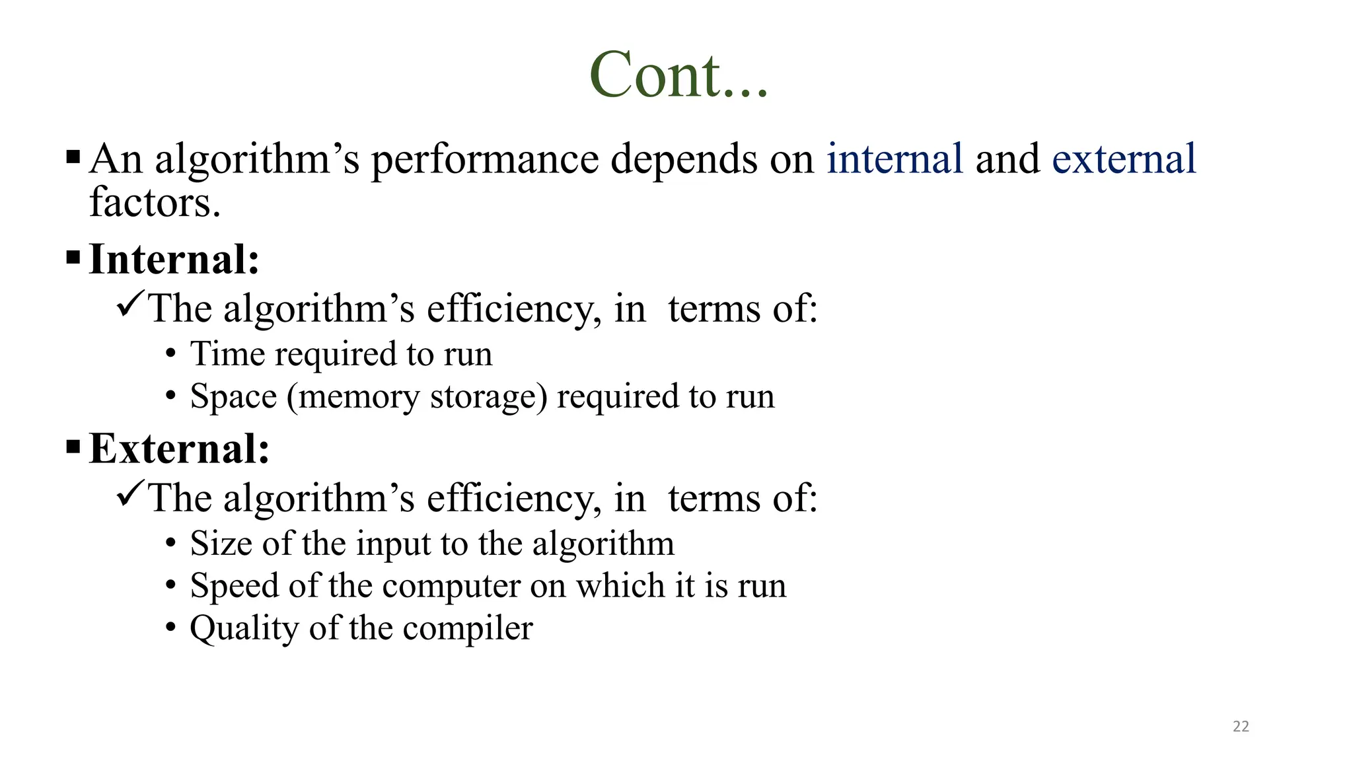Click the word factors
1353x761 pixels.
pyautogui.click(x=155, y=202)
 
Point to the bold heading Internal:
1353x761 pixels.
pyautogui.click(x=174, y=259)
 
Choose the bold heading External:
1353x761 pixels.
pyautogui.click(x=179, y=449)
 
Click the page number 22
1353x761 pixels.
pyautogui.click(x=1241, y=727)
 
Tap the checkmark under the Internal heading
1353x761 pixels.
pyautogui.click(x=130, y=305)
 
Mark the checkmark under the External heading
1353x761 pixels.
pyautogui.click(x=130, y=495)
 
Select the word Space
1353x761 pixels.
pyautogui.click(x=233, y=396)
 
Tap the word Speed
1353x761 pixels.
pyautogui.click(x=235, y=586)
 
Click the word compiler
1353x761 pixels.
pyautogui.click(x=467, y=629)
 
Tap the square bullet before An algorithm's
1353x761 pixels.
pyautogui.click(x=73, y=158)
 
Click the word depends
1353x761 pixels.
pyautogui.click(x=682, y=160)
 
